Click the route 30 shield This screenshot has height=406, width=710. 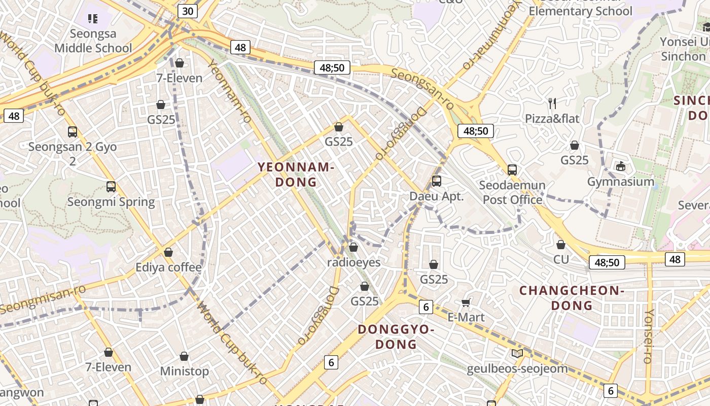pos(187,11)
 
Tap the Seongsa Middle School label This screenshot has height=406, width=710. pos(93,41)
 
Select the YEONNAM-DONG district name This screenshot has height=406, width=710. pos(295,174)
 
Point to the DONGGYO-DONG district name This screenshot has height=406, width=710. pos(396,336)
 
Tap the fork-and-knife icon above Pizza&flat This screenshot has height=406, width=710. pos(552,104)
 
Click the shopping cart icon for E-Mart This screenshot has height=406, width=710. pos(466,303)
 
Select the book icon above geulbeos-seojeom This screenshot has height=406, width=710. pos(517,354)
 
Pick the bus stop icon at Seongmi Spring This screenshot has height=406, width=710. pos(111,187)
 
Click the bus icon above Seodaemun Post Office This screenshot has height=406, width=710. pos(512,170)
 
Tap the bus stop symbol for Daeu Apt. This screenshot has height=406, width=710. pos(436,181)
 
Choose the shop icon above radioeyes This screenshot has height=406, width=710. pos(353,247)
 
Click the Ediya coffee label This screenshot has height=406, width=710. pos(168,267)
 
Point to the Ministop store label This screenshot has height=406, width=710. pos(184,371)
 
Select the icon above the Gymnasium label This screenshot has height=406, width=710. pos(620,166)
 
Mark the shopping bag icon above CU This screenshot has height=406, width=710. pos(561,245)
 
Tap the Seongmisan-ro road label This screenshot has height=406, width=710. pos(43,299)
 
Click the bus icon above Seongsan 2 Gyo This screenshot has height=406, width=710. pos(73,132)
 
